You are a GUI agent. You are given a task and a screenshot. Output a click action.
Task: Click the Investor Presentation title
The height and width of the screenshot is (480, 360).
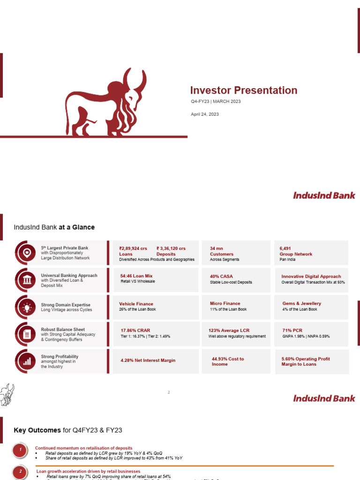point(243,90)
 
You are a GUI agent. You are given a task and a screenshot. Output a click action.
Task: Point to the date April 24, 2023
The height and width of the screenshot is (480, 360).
point(204,114)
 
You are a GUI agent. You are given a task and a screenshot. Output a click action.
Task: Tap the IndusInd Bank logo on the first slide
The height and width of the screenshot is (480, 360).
point(324,195)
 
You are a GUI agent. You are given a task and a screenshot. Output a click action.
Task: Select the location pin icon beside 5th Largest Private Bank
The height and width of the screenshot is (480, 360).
point(27,253)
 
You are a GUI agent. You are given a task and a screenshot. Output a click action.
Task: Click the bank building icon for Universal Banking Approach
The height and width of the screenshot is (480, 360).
point(27,280)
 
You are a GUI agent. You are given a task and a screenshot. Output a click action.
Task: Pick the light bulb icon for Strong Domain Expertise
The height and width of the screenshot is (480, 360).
point(27,307)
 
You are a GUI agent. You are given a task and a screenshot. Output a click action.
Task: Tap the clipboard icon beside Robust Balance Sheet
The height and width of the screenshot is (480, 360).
point(27,334)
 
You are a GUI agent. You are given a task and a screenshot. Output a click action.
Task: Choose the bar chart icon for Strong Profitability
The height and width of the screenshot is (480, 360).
point(27,361)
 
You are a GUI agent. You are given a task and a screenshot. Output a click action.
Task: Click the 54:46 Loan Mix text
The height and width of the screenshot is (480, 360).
point(136,276)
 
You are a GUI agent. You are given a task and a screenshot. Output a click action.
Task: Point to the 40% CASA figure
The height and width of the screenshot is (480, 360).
point(221,276)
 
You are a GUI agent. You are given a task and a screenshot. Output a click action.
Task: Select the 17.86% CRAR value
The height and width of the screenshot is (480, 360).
point(135,330)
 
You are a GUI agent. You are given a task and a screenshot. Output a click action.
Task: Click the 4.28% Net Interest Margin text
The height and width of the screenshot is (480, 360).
point(148,360)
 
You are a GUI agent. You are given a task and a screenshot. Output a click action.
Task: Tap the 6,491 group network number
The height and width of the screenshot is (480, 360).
point(285,248)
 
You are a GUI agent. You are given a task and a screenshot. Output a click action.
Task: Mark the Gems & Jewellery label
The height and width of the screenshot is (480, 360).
point(301,303)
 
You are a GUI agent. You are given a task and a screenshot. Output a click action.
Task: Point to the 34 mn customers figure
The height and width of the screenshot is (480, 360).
point(216,248)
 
